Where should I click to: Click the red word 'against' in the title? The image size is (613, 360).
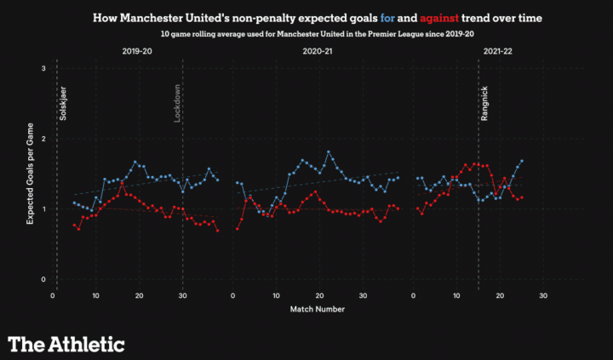(432, 16)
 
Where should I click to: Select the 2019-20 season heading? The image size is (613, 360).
(136, 53)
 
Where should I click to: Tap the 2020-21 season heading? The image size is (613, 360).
(318, 53)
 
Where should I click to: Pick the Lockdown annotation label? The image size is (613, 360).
(178, 104)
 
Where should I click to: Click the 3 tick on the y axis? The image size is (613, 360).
(43, 68)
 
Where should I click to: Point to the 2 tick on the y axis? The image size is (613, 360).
(43, 139)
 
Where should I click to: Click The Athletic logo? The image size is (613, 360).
(66, 344)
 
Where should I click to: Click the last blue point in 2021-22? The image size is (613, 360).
(521, 161)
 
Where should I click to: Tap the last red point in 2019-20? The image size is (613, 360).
(218, 230)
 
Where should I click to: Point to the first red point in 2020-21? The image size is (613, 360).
(237, 229)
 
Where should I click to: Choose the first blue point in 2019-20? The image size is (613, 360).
(74, 203)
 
